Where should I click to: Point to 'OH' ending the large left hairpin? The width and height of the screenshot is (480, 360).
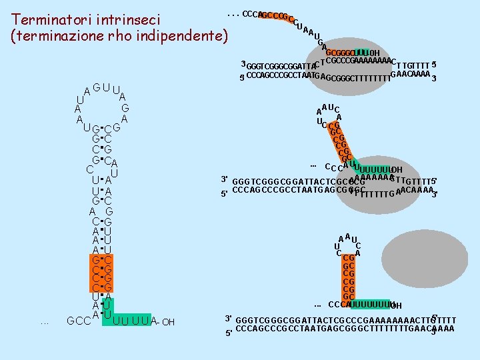(168, 323)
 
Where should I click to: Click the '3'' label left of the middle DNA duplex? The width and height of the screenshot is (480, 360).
(225, 180)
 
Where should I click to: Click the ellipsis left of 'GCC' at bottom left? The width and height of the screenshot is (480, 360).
(45, 323)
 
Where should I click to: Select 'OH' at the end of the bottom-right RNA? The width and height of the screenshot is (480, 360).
(395, 306)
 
